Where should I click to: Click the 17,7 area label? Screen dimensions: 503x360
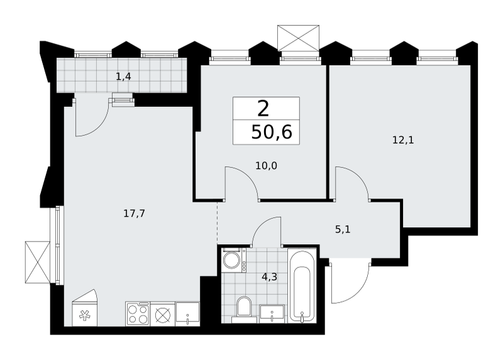[134, 213]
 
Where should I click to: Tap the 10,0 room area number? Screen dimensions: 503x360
[266, 166]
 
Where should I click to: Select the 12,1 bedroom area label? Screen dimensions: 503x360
[403, 140]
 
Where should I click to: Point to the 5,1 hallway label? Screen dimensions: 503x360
[343, 229]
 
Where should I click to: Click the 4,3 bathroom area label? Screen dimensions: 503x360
[270, 276]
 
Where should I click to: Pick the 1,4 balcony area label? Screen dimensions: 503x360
[123, 77]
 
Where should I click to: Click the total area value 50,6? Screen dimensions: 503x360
[272, 132]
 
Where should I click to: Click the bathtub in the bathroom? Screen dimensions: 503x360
[301, 285]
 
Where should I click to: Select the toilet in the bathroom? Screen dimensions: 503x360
[244, 310]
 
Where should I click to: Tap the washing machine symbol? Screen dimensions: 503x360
[234, 260]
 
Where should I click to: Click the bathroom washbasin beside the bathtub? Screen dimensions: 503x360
[272, 313]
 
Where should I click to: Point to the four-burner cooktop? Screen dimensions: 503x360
[138, 314]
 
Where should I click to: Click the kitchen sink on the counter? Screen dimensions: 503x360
[187, 314]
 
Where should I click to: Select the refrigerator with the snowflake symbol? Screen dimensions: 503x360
[85, 308]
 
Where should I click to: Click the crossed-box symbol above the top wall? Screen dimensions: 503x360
[298, 38]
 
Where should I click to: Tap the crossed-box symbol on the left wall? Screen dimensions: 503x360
[38, 262]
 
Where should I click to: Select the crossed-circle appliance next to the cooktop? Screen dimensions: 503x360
[163, 314]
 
